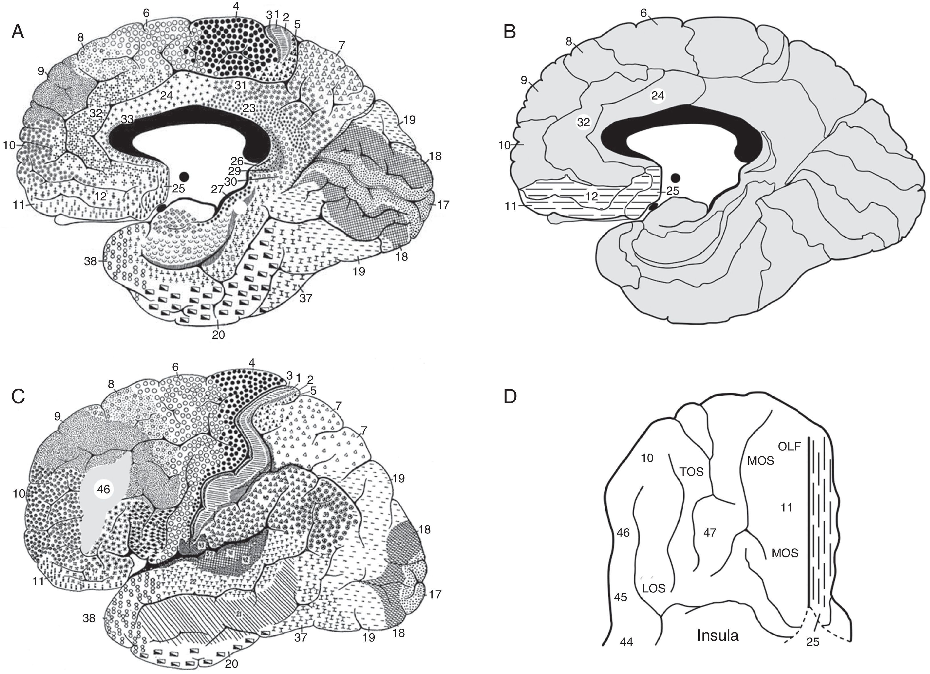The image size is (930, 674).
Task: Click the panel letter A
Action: click(18, 32)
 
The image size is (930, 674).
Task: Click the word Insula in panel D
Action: click(718, 635)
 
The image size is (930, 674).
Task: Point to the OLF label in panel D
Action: click(789, 446)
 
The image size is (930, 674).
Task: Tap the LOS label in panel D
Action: click(653, 588)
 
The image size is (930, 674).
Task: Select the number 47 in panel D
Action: click(709, 533)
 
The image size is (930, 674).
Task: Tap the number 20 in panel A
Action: click(219, 335)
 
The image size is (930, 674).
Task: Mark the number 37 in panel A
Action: click(306, 298)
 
